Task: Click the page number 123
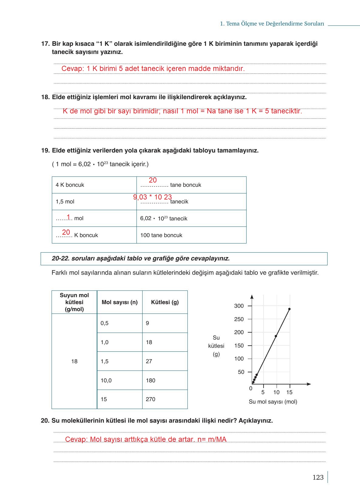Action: coord(318,478)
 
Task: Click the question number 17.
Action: coord(45,44)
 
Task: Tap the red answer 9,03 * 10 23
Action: coord(153,197)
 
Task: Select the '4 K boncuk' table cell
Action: coord(70,185)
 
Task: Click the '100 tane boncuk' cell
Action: coord(161,235)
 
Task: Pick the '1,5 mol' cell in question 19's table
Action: coord(65,202)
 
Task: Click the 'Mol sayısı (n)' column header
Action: coord(119,302)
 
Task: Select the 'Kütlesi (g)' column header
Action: coord(165,302)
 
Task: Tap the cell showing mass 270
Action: coord(150,399)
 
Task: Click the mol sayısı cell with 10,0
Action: coord(106,381)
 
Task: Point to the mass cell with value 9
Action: coord(147,323)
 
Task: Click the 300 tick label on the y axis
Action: coord(239,306)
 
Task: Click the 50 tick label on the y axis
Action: coord(241,372)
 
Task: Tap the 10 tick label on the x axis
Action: coord(276,392)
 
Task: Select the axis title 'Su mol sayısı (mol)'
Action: coord(273,402)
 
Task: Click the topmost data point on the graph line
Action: coord(289,309)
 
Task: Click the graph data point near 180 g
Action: coord(276,336)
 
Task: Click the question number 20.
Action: coord(45,421)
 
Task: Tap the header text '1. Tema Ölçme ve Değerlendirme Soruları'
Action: coord(272,24)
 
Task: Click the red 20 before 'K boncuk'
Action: coord(66,233)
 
